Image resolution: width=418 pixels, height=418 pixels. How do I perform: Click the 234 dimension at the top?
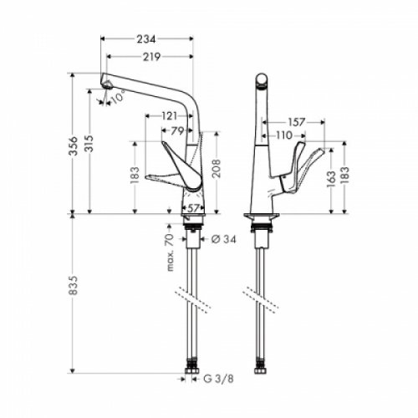click(x=147, y=38)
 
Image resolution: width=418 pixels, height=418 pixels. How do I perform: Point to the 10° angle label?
click(x=117, y=97)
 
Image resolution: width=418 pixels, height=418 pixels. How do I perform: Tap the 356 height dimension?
click(x=74, y=143)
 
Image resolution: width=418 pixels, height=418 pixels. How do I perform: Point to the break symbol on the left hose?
click(x=192, y=294)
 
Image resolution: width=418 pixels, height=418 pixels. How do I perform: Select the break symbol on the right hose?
click(x=259, y=294)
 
